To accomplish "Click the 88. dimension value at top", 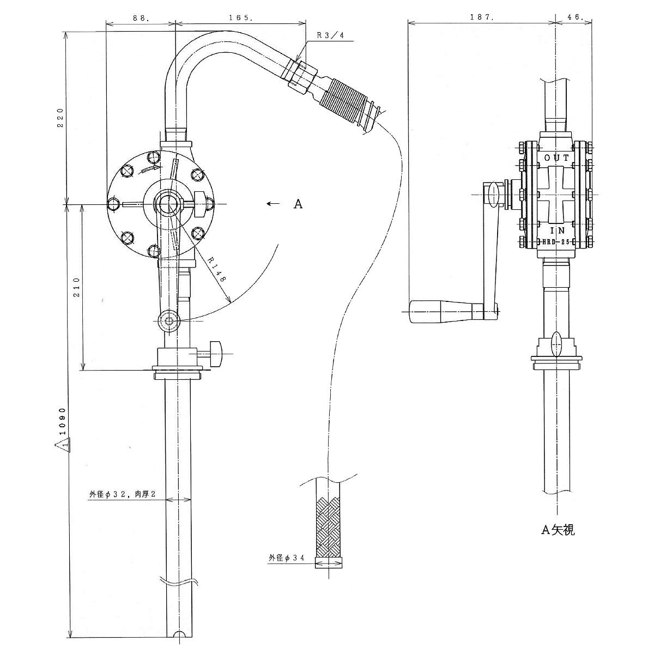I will tap(141, 17).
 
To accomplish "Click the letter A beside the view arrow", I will tap(298, 204).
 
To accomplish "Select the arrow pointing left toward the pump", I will tap(272, 204).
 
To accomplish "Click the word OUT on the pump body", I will tap(556, 158).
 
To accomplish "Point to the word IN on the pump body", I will tap(556, 231).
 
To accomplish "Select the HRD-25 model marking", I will tap(556, 241).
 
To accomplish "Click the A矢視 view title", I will tap(558, 529).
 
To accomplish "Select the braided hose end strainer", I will tap(329, 525).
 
